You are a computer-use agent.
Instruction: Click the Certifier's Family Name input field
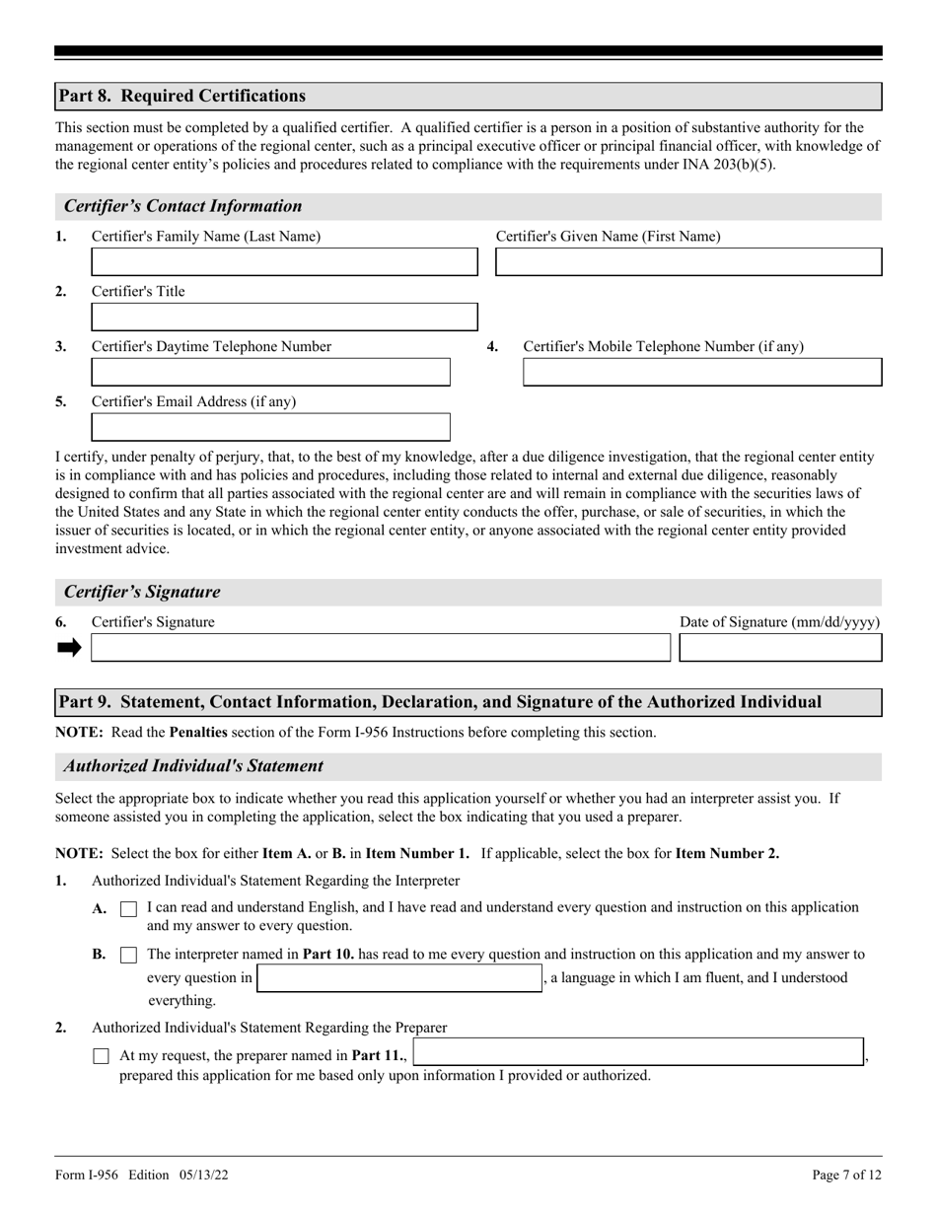coord(284,262)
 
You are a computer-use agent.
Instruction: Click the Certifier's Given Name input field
coord(687,262)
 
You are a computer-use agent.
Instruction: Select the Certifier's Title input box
coord(284,318)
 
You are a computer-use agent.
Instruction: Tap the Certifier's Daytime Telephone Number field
coord(270,373)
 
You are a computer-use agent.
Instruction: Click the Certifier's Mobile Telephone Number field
coord(701,373)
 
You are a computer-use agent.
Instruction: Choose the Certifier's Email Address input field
coord(270,427)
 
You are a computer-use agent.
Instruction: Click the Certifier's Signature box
coord(380,648)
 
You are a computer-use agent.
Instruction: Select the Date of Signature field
coord(780,648)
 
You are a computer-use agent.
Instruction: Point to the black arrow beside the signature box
coord(69,648)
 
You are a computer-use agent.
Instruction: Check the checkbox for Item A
coord(128,910)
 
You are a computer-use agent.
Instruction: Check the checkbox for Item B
coord(128,956)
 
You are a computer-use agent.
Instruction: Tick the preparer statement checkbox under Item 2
coord(101,1056)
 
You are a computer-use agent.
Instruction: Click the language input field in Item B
coord(399,978)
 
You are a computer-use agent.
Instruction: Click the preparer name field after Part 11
coord(638,1052)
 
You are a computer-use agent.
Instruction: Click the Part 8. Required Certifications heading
coord(181,97)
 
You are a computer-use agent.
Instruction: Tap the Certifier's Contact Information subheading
coord(182,206)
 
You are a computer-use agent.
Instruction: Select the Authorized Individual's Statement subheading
coord(193,766)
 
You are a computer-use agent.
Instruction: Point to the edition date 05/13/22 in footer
coord(205,1175)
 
